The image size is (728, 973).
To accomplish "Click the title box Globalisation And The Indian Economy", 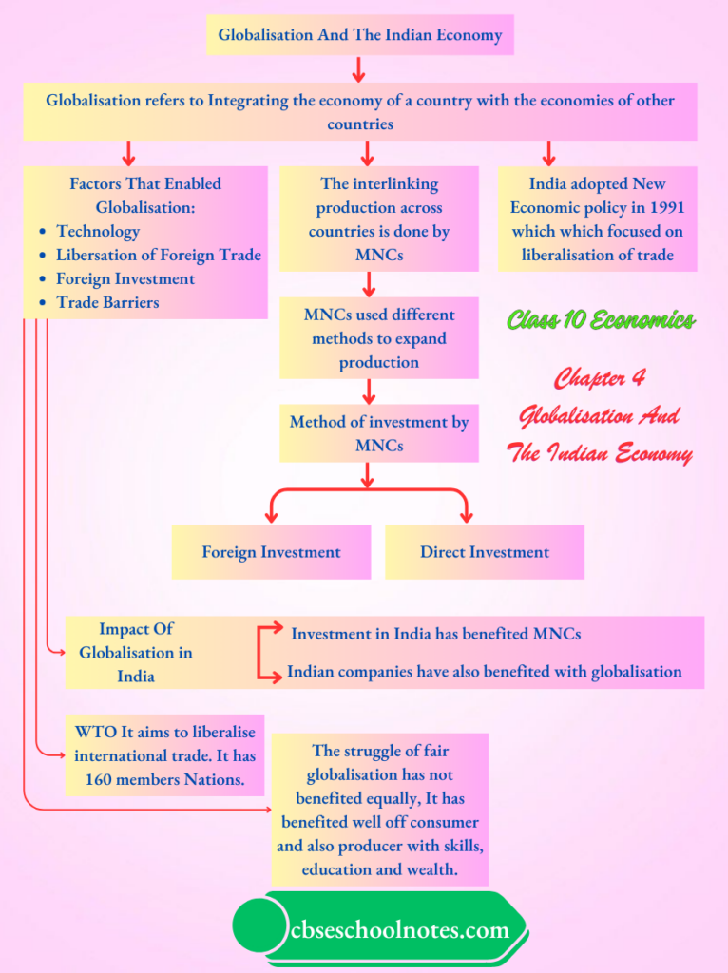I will pos(359,35).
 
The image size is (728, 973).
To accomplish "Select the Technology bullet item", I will pos(97,231).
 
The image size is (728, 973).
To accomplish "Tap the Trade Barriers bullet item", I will pos(107,302).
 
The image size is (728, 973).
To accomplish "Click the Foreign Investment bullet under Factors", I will pos(125,278).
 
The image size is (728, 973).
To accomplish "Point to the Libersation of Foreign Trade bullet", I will pos(158,255).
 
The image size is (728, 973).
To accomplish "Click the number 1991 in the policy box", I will pos(663,207).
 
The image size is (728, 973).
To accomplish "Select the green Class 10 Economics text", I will pos(600,320).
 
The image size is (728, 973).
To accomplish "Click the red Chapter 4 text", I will pos(599,378).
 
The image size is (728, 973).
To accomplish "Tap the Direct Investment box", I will pos(485,552).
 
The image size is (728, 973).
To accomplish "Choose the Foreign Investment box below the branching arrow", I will pos(271,552).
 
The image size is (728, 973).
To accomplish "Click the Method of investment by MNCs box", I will pos(378,432).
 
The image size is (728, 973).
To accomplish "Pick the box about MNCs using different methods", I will pos(378,338).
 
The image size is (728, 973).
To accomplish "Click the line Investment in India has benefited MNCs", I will pos(435,633).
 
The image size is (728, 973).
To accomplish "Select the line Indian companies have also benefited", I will pos(484,672).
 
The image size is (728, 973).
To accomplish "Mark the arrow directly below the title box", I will pos(358,69).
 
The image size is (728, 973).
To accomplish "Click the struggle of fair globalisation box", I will pos(379,810).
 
